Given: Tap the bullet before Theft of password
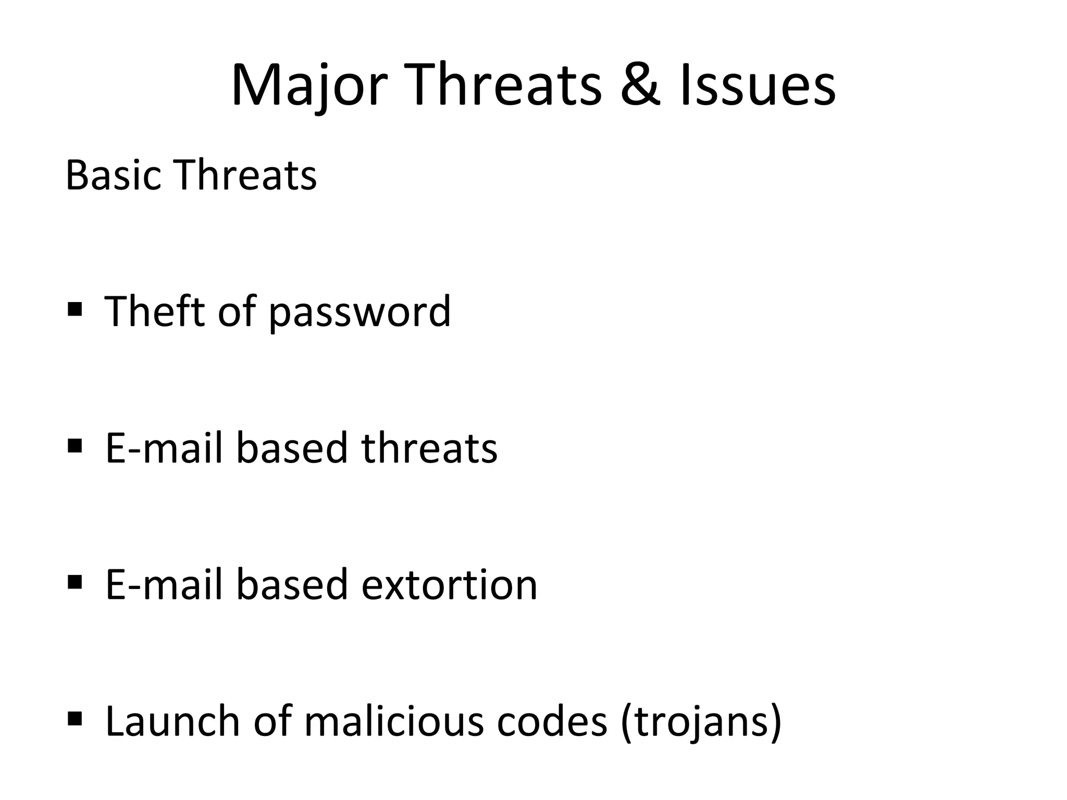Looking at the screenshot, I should point(75,310).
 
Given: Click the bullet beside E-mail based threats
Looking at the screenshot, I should point(75,446).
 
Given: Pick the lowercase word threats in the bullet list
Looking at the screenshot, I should point(429,448).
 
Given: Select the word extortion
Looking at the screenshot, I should point(449,585).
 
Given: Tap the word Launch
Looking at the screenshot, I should point(173,721).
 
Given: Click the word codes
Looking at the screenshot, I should point(552,721).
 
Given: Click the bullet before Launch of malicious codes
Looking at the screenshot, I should point(75,718).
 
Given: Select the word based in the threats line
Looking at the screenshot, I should point(292,448).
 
